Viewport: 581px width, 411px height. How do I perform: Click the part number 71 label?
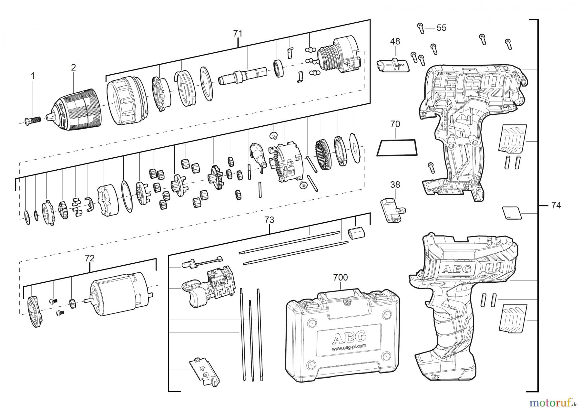tap(238, 33)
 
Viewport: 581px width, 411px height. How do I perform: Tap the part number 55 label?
tap(441, 28)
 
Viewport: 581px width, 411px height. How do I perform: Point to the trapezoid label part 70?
tap(396, 147)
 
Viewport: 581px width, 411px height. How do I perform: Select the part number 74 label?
tap(556, 205)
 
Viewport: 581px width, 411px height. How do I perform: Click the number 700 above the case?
tap(341, 277)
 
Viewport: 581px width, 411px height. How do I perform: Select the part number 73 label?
tap(269, 220)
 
